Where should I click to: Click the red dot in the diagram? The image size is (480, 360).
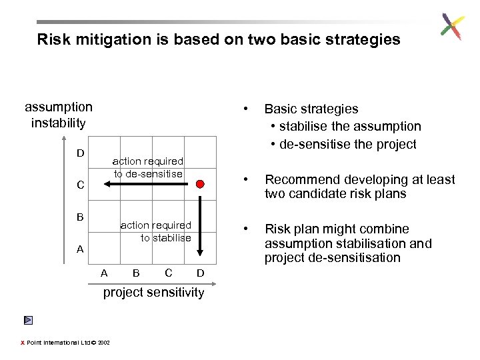(x=200, y=184)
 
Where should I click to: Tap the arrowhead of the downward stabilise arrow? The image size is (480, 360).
(x=200, y=252)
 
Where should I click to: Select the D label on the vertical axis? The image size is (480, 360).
(x=80, y=153)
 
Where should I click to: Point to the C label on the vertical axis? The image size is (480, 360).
(x=80, y=185)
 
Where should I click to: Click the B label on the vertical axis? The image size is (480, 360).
(x=80, y=217)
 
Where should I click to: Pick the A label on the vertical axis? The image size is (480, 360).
(x=80, y=249)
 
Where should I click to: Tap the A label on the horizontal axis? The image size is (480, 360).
(x=103, y=273)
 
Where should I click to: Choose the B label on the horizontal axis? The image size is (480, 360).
(x=136, y=273)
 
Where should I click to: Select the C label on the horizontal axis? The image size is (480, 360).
(x=168, y=273)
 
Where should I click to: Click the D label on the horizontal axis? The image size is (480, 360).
(x=200, y=273)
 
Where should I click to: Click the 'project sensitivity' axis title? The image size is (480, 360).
(x=153, y=293)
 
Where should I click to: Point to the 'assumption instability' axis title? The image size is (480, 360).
(x=59, y=115)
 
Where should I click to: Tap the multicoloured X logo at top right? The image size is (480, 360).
(x=452, y=27)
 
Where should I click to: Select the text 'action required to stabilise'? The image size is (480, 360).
(x=156, y=231)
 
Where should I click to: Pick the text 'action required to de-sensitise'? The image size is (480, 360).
(x=147, y=167)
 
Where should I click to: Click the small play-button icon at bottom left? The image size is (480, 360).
(x=27, y=321)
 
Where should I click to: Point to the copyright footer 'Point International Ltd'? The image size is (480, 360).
(x=60, y=343)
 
